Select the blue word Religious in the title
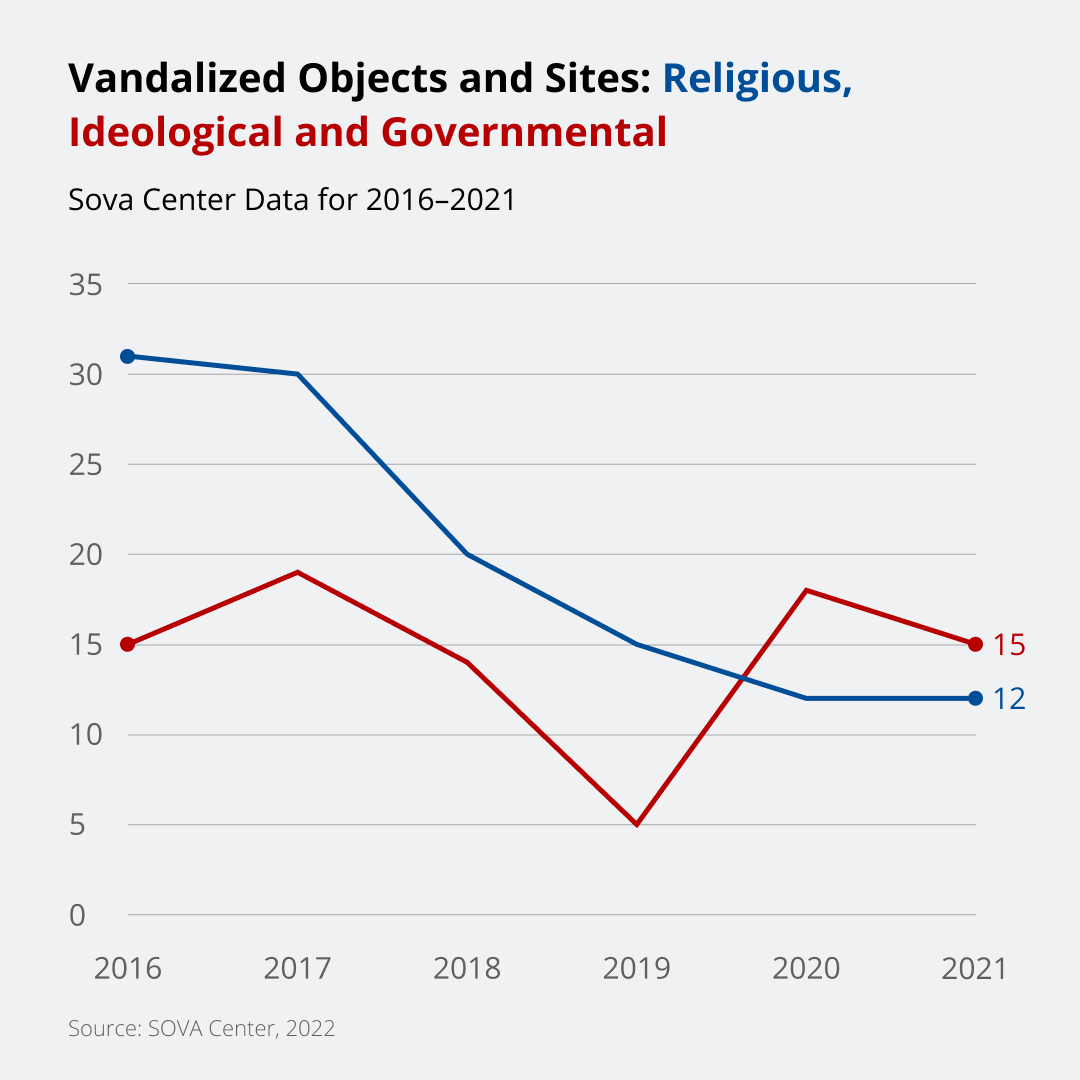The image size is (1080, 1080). (757, 77)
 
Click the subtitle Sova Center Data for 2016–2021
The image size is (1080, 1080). (291, 199)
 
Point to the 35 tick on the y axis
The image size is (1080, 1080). (86, 284)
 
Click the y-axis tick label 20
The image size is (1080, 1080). (86, 554)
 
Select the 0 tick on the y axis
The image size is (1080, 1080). (78, 915)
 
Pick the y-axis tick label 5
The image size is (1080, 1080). (78, 825)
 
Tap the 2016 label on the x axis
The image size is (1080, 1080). (127, 968)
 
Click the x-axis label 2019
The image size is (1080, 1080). (636, 968)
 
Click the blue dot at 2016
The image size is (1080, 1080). (128, 356)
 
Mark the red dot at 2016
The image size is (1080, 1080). (128, 644)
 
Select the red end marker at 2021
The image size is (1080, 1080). (975, 644)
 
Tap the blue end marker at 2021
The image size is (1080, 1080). (975, 698)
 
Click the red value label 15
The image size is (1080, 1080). (1009, 645)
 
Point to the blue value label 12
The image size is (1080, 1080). (1009, 699)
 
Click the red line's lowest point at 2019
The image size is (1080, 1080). (636, 824)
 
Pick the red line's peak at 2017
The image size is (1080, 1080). (298, 572)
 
